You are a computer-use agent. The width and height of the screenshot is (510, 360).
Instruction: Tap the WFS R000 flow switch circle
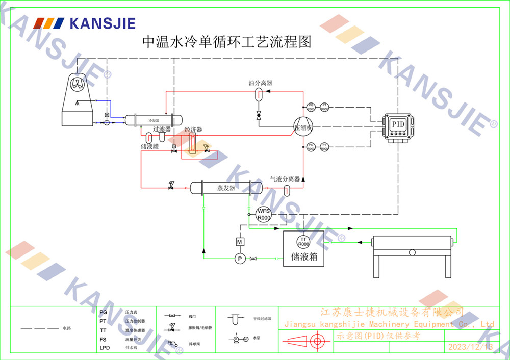point(263,214)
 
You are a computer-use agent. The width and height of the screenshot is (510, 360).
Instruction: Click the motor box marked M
point(240,241)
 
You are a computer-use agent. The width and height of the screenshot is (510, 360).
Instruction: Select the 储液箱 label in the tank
point(304,256)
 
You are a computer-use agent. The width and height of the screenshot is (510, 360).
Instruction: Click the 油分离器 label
point(260,83)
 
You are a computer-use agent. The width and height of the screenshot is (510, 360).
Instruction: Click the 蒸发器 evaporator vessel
point(226,189)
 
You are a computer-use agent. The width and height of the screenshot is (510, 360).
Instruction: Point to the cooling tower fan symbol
point(78,85)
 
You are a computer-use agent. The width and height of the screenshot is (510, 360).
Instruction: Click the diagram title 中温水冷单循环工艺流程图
point(226,42)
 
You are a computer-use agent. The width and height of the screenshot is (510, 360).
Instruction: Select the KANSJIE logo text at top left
point(102,23)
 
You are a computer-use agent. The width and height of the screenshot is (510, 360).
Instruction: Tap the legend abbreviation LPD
point(104,348)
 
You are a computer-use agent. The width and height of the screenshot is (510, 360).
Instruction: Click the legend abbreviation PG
point(103,312)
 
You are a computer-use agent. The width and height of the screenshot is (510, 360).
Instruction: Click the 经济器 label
point(193,130)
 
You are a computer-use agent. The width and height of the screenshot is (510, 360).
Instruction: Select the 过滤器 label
point(162,130)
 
